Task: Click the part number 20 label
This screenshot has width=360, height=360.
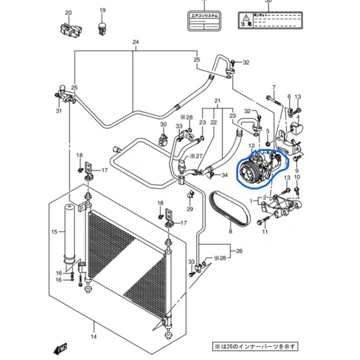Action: tap(68, 12)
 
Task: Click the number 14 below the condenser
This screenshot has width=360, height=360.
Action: tap(94, 336)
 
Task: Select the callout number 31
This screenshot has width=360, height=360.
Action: tap(59, 111)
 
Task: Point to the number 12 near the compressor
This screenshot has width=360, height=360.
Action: tap(252, 146)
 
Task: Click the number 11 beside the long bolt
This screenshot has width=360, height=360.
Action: tap(265, 232)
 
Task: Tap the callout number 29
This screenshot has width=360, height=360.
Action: tap(190, 209)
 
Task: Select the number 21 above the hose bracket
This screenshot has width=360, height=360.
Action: tap(217, 100)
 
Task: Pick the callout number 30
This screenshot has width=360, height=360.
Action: tap(163, 125)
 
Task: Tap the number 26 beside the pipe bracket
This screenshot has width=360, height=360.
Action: tap(239, 251)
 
